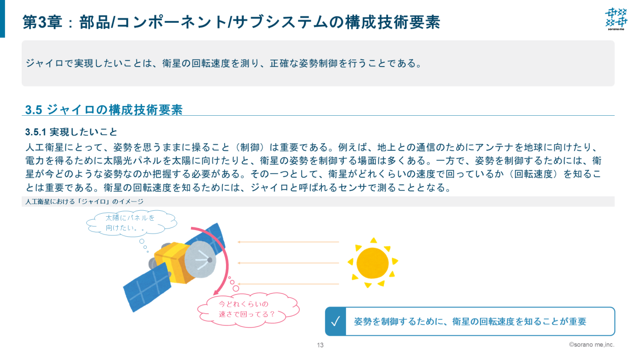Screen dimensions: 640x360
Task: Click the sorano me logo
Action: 616,19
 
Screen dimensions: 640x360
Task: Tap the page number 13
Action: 320,345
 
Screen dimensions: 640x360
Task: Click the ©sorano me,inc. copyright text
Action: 591,345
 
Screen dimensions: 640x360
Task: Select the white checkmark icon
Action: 335,322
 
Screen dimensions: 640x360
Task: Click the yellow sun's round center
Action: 373,263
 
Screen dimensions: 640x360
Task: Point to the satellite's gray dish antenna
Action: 199,260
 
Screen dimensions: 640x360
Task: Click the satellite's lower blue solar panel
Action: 147,287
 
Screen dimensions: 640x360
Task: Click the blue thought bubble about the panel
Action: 131,223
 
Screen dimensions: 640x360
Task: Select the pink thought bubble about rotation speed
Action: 248,309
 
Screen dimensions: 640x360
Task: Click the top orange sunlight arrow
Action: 288,242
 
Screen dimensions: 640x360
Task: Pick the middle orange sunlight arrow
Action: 288,263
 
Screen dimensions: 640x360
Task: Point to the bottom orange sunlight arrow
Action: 288,284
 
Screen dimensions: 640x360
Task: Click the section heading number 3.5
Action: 33,110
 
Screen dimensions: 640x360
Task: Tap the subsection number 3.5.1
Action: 35,132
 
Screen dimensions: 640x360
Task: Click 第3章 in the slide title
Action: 42,22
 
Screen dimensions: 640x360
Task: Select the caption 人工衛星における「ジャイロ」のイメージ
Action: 84,202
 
